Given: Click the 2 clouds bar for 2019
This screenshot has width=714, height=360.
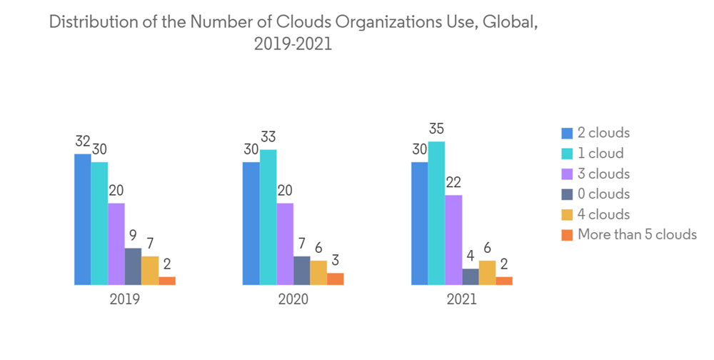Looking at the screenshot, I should click(83, 219).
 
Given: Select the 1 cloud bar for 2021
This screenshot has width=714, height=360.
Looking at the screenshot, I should click(436, 213).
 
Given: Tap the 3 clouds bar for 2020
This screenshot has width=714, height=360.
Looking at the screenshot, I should click(285, 244).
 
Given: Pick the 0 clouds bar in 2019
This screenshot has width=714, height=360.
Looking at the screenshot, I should click(133, 266).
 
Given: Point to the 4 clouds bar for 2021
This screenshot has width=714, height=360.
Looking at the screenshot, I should click(487, 272).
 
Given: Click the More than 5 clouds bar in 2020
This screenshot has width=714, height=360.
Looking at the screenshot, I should click(336, 279).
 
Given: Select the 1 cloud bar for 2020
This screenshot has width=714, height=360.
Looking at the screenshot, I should click(268, 217).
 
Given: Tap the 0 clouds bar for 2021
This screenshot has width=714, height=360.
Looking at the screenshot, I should click(471, 276).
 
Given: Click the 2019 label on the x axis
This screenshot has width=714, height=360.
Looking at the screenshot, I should click(124, 299).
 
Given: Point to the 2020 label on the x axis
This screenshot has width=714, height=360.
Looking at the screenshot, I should click(293, 299).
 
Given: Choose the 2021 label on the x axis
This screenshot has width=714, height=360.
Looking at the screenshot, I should click(461, 299).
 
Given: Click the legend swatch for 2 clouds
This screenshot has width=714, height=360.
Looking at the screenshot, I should click(568, 133).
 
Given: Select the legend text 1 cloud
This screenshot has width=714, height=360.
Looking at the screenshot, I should click(600, 153).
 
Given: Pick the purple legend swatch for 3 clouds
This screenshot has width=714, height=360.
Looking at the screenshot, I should click(568, 174).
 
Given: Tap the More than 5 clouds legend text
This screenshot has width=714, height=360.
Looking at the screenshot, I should click(637, 234).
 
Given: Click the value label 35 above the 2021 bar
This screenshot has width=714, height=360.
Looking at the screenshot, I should click(436, 129).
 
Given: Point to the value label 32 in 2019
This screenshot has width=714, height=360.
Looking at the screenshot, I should click(84, 141).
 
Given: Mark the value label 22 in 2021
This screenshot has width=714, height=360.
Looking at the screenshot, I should click(453, 182).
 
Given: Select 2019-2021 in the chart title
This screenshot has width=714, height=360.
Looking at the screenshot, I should click(293, 44).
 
